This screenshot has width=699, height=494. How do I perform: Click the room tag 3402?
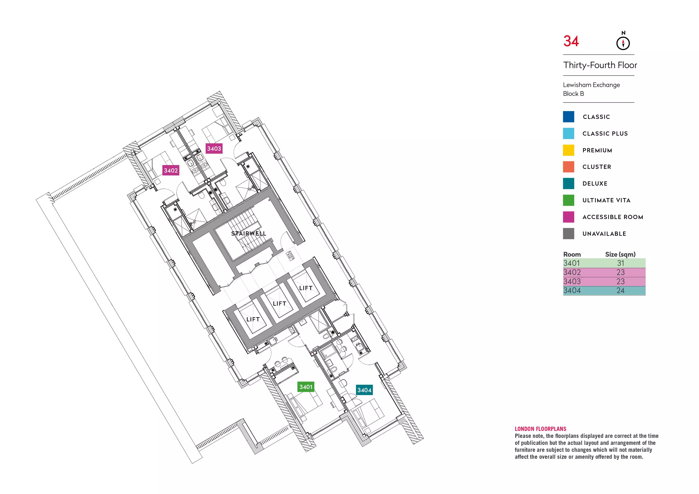tap(171, 170)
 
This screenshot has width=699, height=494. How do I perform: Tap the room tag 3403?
tap(214, 149)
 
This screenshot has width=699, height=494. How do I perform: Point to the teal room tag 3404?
tap(364, 390)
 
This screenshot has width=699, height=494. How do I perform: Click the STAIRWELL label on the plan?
tap(249, 234)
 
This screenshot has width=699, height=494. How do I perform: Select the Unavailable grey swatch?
tap(568, 234)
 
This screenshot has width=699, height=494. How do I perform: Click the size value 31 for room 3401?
tap(620, 263)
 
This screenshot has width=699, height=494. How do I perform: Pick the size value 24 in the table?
tap(620, 291)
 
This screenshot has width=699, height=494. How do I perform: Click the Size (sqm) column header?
tap(620, 254)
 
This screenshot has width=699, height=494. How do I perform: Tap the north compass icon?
tap(623, 43)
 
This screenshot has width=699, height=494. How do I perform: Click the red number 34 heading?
tap(571, 41)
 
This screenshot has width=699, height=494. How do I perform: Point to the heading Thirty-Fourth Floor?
tap(600, 65)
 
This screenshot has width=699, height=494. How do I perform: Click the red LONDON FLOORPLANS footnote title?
tap(540, 429)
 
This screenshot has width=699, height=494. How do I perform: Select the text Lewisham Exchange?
tap(591, 85)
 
